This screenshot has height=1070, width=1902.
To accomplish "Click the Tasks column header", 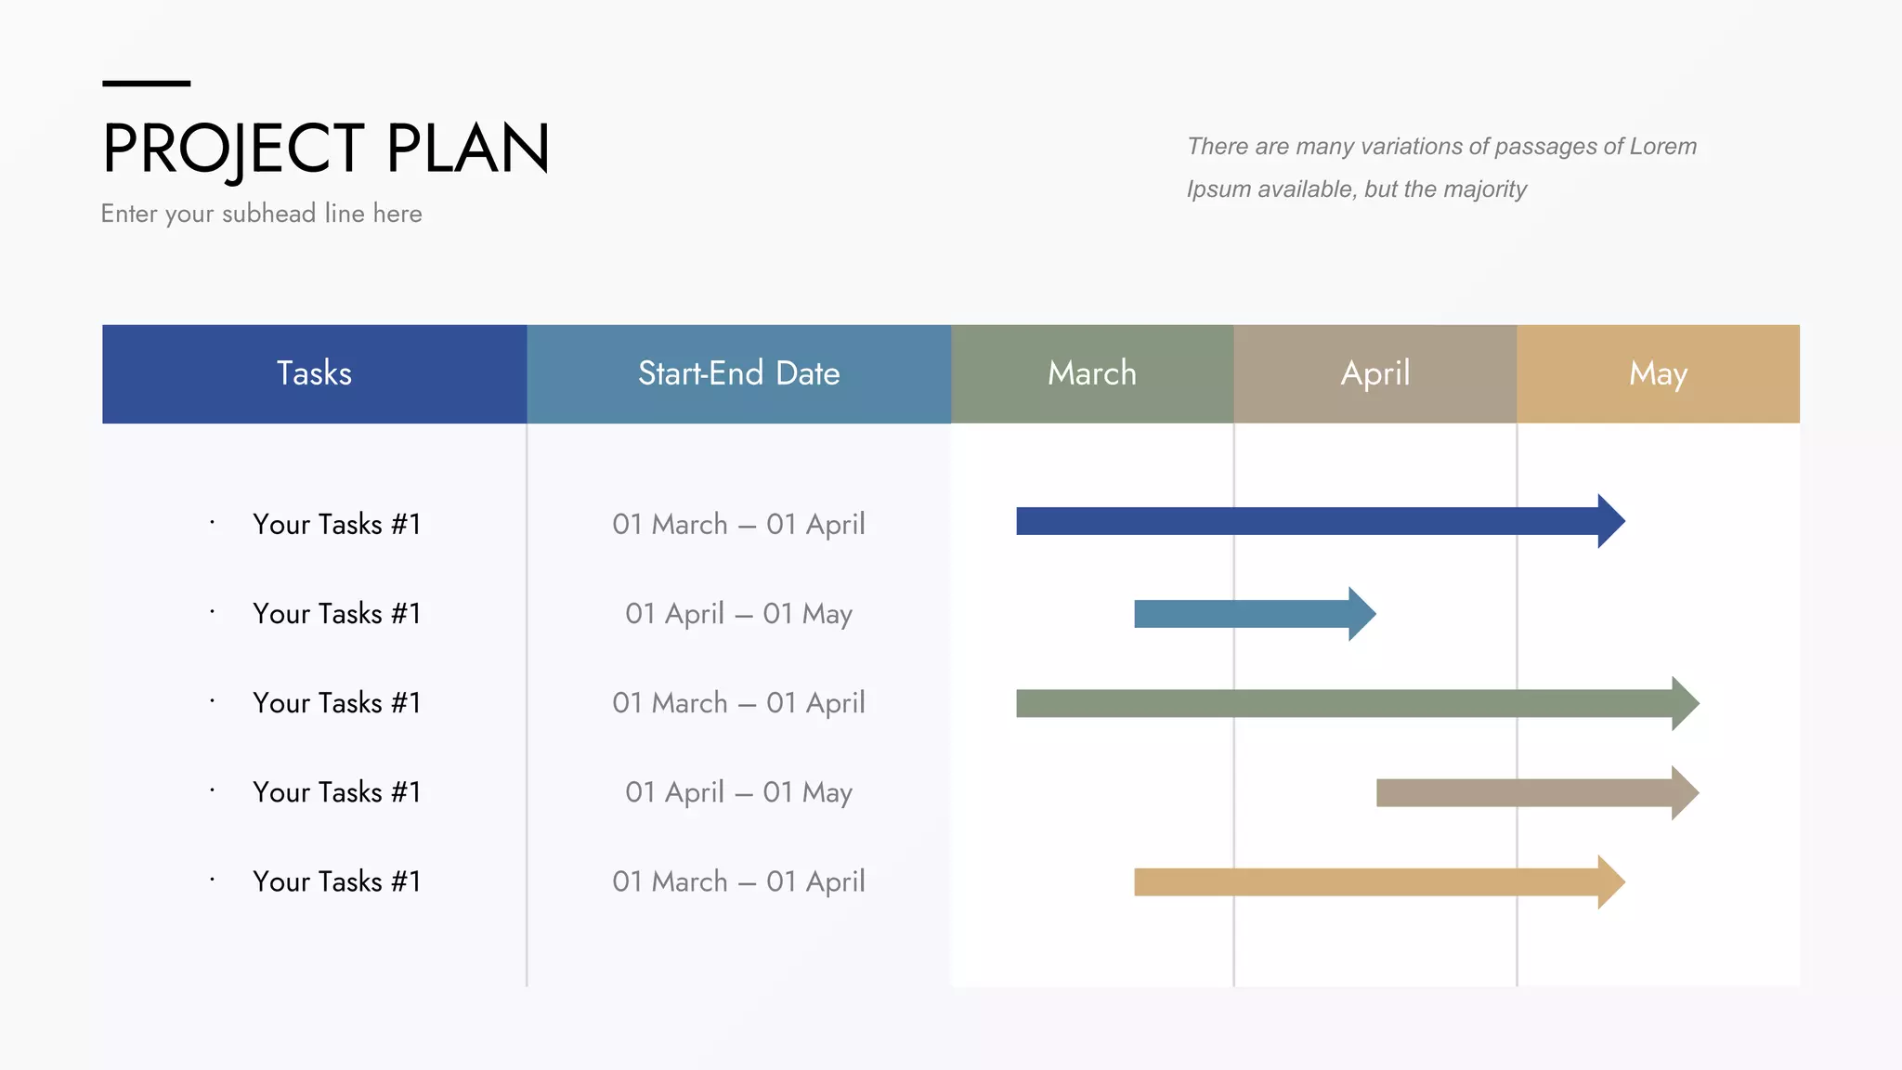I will (x=314, y=373).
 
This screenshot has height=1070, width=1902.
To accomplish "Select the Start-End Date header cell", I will (x=738, y=373).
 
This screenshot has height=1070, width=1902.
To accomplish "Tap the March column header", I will (x=1092, y=373).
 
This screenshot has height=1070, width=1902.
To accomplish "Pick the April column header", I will (x=1374, y=373).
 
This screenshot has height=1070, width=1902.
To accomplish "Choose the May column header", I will (x=1658, y=373).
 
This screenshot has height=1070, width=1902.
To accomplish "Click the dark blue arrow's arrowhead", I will (x=1609, y=521).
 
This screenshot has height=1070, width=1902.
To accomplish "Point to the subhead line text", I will (x=261, y=214).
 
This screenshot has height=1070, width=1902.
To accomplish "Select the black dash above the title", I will (x=146, y=84).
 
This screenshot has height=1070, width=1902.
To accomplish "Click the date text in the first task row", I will (x=738, y=524).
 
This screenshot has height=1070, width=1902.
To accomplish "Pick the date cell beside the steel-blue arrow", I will (x=738, y=613).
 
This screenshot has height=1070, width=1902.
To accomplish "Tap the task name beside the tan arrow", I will (x=336, y=881).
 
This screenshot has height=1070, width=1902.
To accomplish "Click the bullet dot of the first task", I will (x=213, y=522).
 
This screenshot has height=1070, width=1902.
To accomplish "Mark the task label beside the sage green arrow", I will (x=336, y=702).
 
